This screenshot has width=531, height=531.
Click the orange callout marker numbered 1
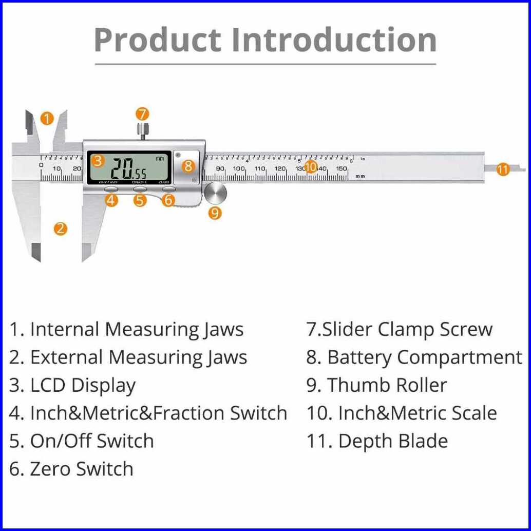point(46,119)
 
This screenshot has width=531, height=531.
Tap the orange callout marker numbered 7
point(142,114)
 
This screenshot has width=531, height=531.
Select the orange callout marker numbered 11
point(503,169)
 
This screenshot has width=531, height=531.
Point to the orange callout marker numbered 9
point(215,212)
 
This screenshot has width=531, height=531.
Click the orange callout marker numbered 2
point(61,228)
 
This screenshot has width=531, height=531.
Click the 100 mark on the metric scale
point(239,168)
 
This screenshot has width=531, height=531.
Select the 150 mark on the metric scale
point(342,168)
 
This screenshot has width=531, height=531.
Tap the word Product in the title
point(158,40)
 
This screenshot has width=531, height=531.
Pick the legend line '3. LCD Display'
point(72,386)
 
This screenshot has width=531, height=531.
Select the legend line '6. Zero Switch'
point(71,469)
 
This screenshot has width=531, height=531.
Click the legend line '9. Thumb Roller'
point(376,385)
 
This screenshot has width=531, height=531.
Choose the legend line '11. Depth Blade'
point(377,441)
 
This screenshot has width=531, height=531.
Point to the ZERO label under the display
point(164,182)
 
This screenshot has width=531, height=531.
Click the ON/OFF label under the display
point(139,182)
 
